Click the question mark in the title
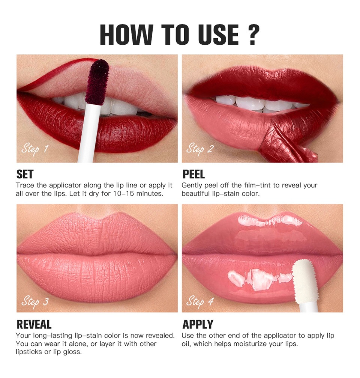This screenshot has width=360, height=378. [253, 35]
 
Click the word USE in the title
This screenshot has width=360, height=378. [218, 35]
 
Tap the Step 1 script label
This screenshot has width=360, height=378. [35, 149]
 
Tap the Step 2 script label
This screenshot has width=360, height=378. [200, 149]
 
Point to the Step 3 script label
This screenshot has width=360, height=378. [35, 302]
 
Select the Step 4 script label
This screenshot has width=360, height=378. [200, 302]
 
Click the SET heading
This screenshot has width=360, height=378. [25, 174]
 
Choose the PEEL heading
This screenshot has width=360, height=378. [193, 174]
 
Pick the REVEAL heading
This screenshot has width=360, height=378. [34, 324]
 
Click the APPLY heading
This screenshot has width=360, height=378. [198, 324]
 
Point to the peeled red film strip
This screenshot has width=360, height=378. [286, 142]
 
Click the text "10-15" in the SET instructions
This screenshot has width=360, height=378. [124, 194]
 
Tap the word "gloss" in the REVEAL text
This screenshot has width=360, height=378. [72, 352]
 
